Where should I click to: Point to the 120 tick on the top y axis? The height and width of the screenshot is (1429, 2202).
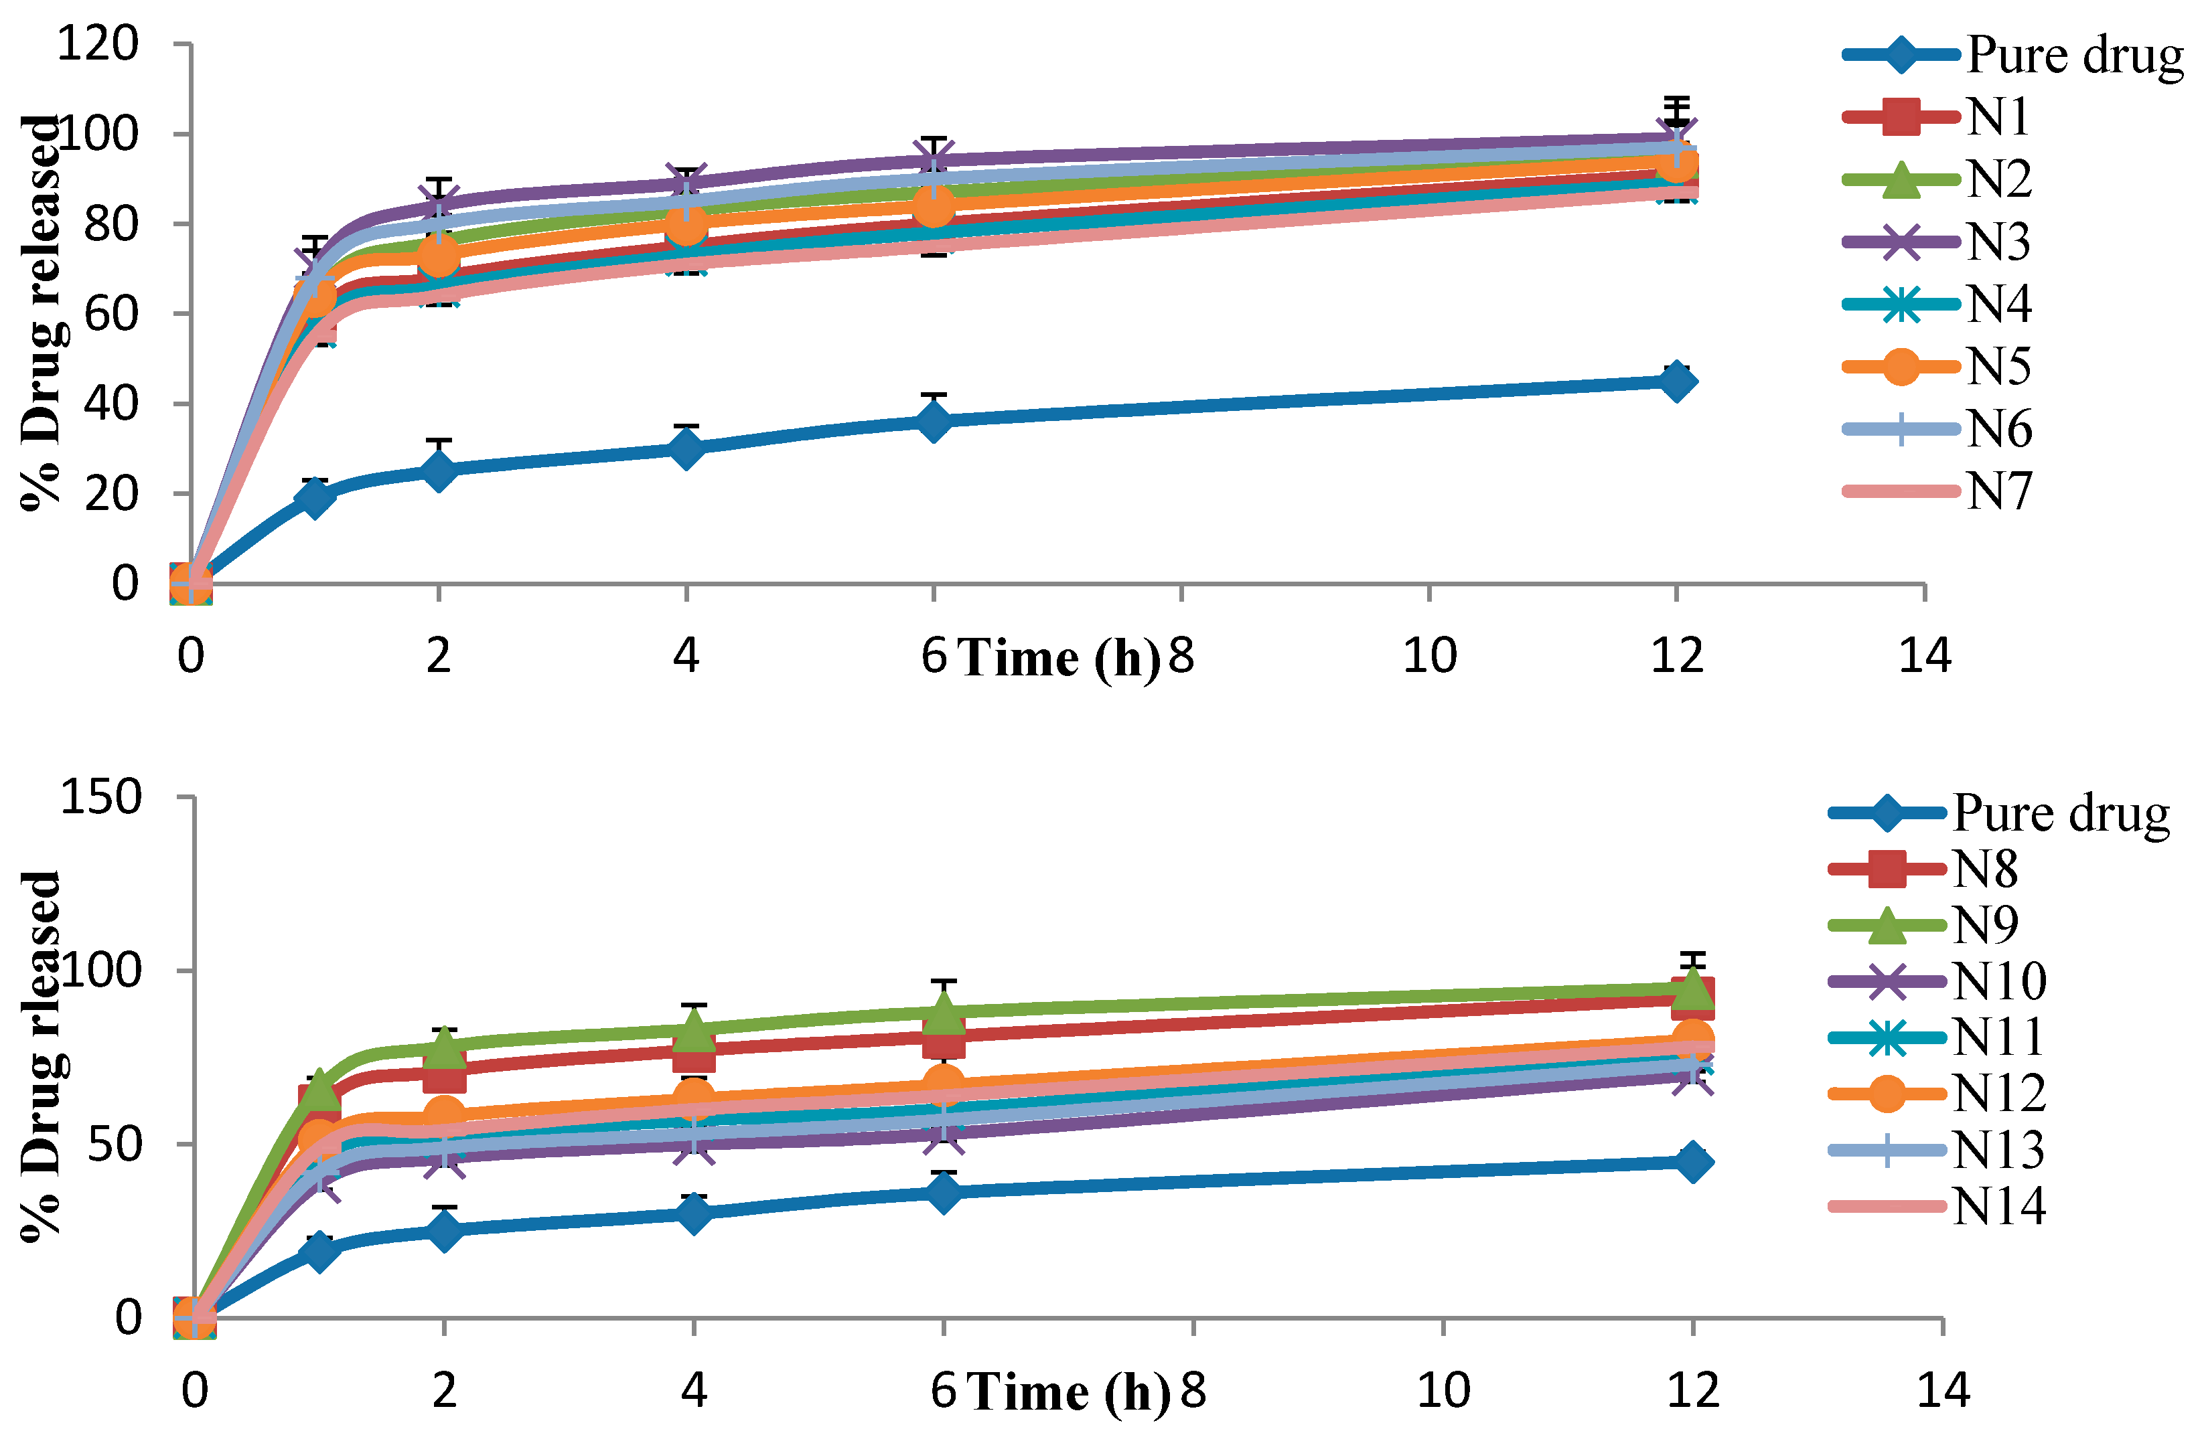click(98, 44)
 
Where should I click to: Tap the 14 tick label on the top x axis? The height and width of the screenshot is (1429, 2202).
click(1925, 656)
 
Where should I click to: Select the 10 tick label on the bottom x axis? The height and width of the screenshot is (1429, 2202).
click(1443, 1390)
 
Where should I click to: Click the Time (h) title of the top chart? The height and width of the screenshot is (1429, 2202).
click(1059, 659)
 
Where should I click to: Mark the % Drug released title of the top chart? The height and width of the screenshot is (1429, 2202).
click(42, 313)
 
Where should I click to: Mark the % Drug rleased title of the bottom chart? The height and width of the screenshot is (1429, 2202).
click(42, 1054)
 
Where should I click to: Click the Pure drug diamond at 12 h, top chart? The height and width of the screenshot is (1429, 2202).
click(1676, 382)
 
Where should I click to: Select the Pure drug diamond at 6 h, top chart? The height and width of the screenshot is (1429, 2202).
click(934, 422)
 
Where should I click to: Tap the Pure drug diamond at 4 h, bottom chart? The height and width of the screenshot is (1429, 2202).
click(693, 1213)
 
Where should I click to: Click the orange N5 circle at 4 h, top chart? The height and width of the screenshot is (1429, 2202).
click(686, 223)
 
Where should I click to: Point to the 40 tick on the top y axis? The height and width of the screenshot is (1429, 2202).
click(111, 403)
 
